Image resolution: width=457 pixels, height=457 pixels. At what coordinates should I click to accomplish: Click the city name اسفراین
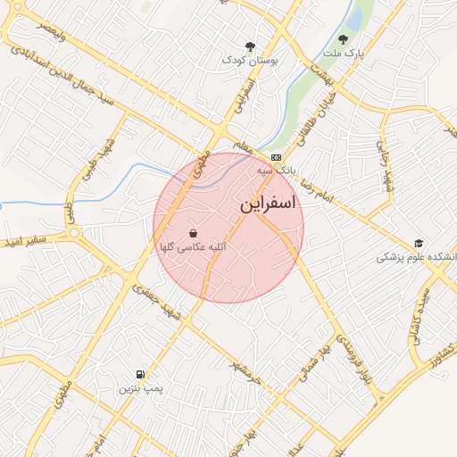pyautogui.click(x=267, y=204)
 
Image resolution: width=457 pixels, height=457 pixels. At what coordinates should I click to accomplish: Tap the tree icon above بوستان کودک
pyautogui.click(x=250, y=46)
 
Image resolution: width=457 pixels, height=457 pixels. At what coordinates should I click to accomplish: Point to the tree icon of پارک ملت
pyautogui.click(x=343, y=39)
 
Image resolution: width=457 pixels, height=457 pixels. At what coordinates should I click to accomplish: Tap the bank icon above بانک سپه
pyautogui.click(x=275, y=157)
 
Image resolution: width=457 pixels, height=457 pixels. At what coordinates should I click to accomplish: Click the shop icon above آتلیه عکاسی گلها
pyautogui.click(x=194, y=233)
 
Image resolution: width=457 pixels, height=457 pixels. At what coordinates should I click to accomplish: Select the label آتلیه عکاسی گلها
pyautogui.click(x=192, y=246)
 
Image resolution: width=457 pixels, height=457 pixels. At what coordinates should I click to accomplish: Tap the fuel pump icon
pyautogui.click(x=140, y=374)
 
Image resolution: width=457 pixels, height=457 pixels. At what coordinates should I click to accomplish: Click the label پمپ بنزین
pyautogui.click(x=141, y=389)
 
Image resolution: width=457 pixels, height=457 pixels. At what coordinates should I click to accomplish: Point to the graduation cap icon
pyautogui.click(x=419, y=244)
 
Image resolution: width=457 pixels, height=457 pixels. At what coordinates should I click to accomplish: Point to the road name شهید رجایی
pyautogui.click(x=383, y=161)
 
